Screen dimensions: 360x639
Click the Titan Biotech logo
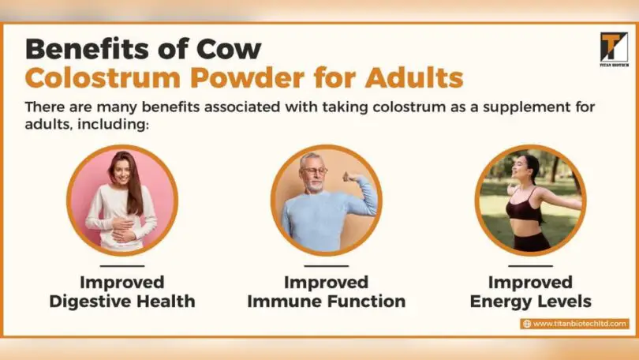point(613,48)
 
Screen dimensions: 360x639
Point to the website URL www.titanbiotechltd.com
point(580,324)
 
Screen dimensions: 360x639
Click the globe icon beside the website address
point(526,324)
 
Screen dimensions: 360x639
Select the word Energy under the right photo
point(501,301)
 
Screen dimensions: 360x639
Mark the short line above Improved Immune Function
point(326,267)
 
